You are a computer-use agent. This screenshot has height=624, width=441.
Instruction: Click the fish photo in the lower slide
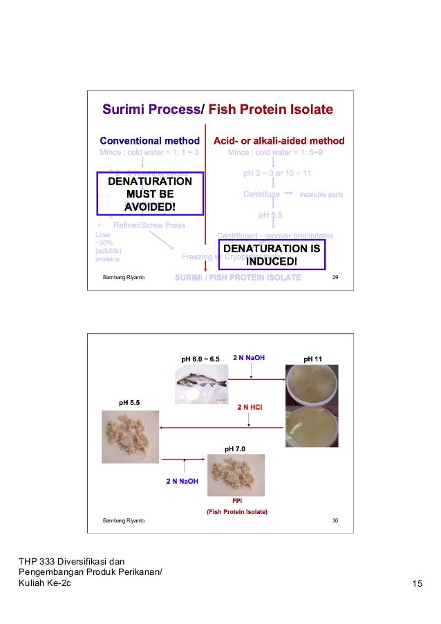click(x=202, y=381)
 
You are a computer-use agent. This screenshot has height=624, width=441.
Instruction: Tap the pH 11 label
click(x=313, y=359)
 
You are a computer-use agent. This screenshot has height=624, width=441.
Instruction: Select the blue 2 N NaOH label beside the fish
click(x=250, y=358)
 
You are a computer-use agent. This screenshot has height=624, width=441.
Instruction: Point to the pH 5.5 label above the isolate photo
click(x=129, y=402)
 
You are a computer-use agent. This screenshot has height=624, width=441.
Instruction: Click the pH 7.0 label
click(x=235, y=449)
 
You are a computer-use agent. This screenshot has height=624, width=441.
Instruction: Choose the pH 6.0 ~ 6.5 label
click(x=200, y=359)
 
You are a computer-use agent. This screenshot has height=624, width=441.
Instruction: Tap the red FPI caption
click(x=236, y=500)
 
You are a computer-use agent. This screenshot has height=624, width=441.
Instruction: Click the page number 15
click(x=417, y=586)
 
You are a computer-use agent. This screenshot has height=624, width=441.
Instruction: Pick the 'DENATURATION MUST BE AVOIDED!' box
click(x=150, y=193)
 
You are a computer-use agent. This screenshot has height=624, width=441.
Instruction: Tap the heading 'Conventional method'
click(x=150, y=141)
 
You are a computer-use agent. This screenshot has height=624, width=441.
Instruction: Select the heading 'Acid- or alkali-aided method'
click(x=279, y=141)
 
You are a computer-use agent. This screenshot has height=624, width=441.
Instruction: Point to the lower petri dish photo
click(x=313, y=426)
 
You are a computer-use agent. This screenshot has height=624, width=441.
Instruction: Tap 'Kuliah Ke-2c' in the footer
click(x=44, y=586)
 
